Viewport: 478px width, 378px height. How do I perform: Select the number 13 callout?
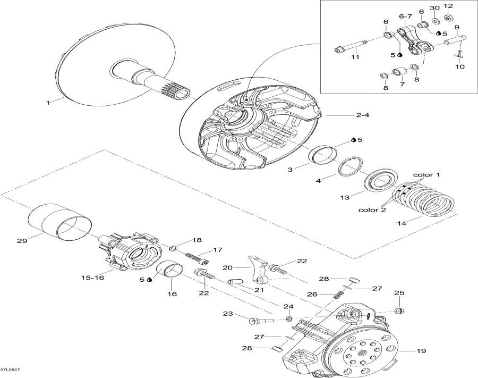345,197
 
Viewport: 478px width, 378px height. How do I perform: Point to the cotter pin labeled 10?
459,55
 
